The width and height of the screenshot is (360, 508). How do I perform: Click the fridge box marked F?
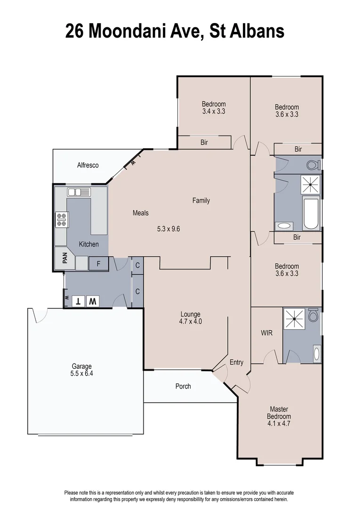coord(98,264)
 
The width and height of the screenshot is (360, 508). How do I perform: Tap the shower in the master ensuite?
coord(295,319)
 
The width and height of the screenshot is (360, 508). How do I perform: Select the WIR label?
coord(267,333)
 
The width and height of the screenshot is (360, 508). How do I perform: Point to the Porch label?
coord(183,386)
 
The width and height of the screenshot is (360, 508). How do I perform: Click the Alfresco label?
coord(88,165)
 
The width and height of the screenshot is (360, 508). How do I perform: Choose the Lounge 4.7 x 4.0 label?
coord(191,318)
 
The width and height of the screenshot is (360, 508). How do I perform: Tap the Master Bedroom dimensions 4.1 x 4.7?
coord(279,424)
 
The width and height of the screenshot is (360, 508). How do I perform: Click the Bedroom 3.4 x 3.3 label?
coord(214,108)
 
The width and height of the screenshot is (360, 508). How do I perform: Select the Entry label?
coord(236,362)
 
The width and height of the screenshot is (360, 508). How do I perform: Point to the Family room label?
coord(201,201)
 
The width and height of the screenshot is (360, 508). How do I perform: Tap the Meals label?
coord(140,213)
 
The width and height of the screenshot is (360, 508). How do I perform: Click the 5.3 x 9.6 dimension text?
coord(168,229)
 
